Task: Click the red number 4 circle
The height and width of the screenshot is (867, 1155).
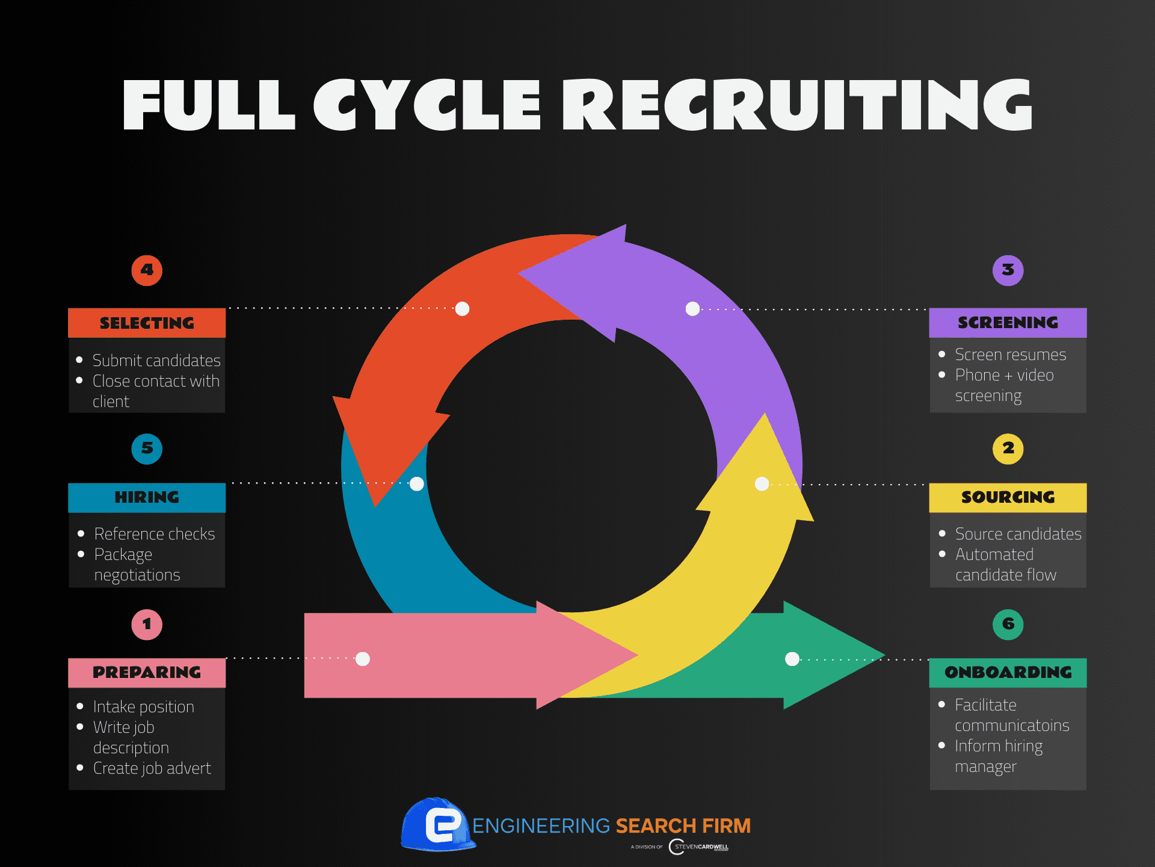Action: (147, 270)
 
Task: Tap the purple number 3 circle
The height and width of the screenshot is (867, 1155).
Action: (1008, 270)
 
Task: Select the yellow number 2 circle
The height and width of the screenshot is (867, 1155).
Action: (1008, 449)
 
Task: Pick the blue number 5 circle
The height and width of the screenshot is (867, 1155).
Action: (147, 449)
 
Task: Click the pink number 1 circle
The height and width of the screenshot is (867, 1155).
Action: (147, 624)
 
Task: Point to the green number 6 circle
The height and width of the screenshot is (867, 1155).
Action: (1008, 624)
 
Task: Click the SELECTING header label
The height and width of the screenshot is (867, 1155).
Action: (147, 323)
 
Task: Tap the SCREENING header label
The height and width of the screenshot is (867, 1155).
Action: (1008, 323)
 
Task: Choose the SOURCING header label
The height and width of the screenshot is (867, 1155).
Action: (1008, 497)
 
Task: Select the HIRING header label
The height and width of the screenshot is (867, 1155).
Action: (147, 497)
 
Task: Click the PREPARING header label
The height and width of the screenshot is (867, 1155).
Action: (147, 673)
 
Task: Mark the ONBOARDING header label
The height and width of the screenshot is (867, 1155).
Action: (1008, 673)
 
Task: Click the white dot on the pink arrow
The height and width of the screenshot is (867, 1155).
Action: (363, 659)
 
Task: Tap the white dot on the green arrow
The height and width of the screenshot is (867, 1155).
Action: (792, 659)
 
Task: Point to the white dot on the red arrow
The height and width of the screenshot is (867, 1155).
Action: (462, 309)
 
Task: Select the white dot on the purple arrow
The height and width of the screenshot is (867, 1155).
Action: (692, 309)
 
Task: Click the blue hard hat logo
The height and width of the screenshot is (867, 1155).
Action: (438, 824)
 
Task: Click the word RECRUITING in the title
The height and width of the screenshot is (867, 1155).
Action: (797, 105)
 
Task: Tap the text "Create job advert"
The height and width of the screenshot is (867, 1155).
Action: (152, 768)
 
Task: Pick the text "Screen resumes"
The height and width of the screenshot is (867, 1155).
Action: (1010, 355)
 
